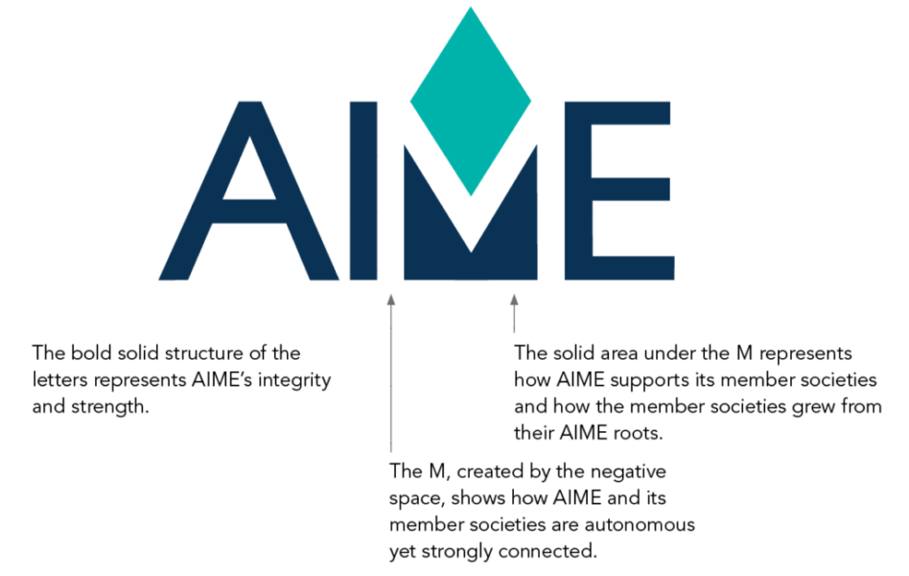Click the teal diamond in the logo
pos(471,101)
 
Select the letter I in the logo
pos(363,191)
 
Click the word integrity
pos(294,381)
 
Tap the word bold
pos(92,352)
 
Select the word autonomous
pos(640,525)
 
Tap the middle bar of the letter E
pos(630,189)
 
